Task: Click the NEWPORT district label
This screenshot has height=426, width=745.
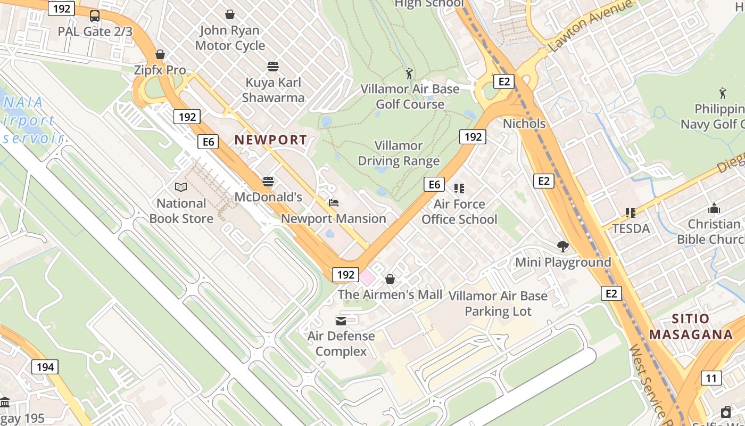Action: click(270, 140)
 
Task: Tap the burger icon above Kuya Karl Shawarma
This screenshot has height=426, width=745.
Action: click(273, 67)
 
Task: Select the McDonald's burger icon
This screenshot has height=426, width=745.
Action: click(268, 182)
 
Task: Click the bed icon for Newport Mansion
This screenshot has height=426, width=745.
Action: click(334, 203)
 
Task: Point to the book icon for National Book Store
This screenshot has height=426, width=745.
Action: click(181, 187)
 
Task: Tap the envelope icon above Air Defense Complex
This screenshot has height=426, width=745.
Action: click(341, 321)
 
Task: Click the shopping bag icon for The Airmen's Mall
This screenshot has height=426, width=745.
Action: click(390, 278)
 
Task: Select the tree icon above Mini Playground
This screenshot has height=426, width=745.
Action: click(563, 246)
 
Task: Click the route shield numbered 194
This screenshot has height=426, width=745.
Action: click(45, 367)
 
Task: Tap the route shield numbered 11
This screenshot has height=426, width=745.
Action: click(711, 378)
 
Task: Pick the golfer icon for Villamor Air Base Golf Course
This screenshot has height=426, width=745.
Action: click(409, 73)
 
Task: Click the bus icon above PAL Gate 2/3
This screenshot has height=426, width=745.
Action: click(95, 15)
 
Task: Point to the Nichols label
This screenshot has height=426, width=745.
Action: click(524, 124)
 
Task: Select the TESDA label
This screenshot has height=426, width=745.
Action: click(631, 229)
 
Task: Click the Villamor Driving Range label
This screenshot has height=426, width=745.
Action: click(399, 153)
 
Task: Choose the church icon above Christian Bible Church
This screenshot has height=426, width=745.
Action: click(714, 208)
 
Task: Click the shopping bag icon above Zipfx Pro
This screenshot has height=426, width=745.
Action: click(160, 54)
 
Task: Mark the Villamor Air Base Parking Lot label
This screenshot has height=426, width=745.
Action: click(498, 304)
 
